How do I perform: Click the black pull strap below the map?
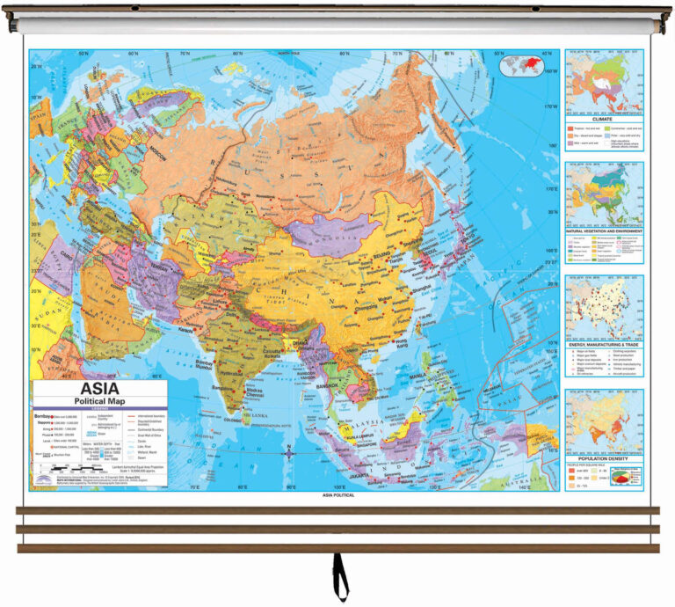click(338, 575)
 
